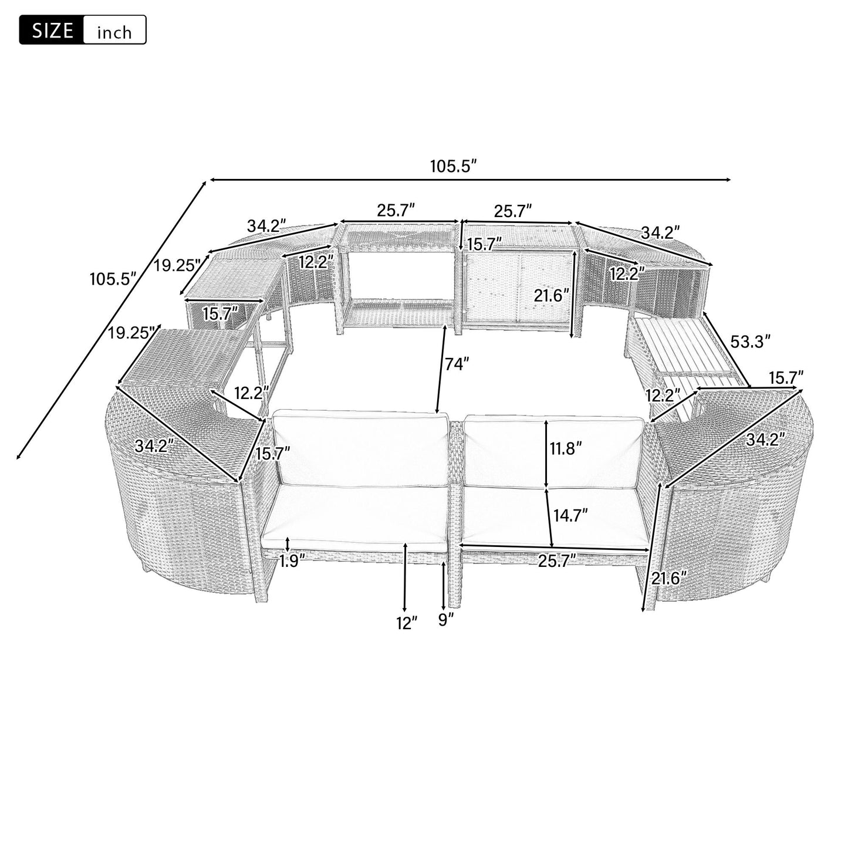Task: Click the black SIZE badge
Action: pos(51,31)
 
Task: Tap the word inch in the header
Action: pos(114,32)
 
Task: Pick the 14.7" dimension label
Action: pos(571,515)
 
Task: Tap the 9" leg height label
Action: pos(447,620)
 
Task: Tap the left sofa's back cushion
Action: pos(361,448)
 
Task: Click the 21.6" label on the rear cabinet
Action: pos(551,295)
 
